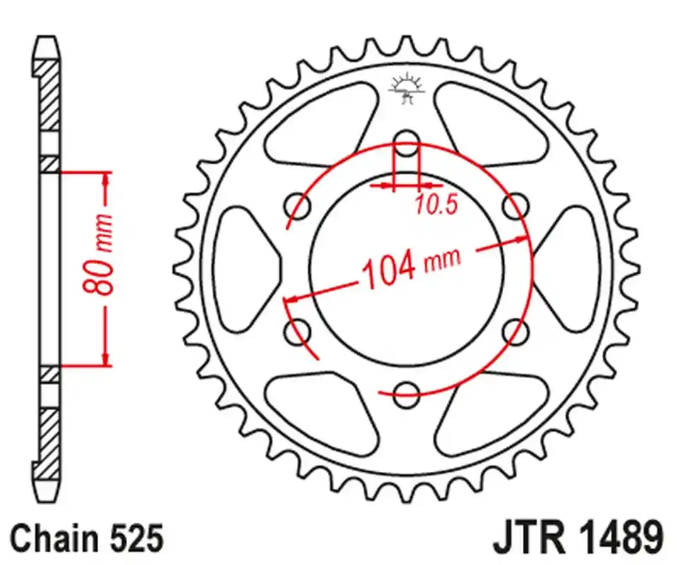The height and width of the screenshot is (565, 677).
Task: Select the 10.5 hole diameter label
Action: point(436,205)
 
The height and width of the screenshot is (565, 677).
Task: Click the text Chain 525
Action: point(88,538)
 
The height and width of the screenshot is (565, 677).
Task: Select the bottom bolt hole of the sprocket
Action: point(406,394)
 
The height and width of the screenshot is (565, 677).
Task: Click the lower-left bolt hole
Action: point(297,331)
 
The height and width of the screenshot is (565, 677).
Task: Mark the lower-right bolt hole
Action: point(516,331)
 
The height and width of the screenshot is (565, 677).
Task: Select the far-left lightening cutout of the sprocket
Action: point(244,267)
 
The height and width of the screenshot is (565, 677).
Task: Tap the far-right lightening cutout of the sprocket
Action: point(569,267)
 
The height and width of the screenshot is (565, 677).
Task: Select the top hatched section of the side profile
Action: point(49,95)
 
